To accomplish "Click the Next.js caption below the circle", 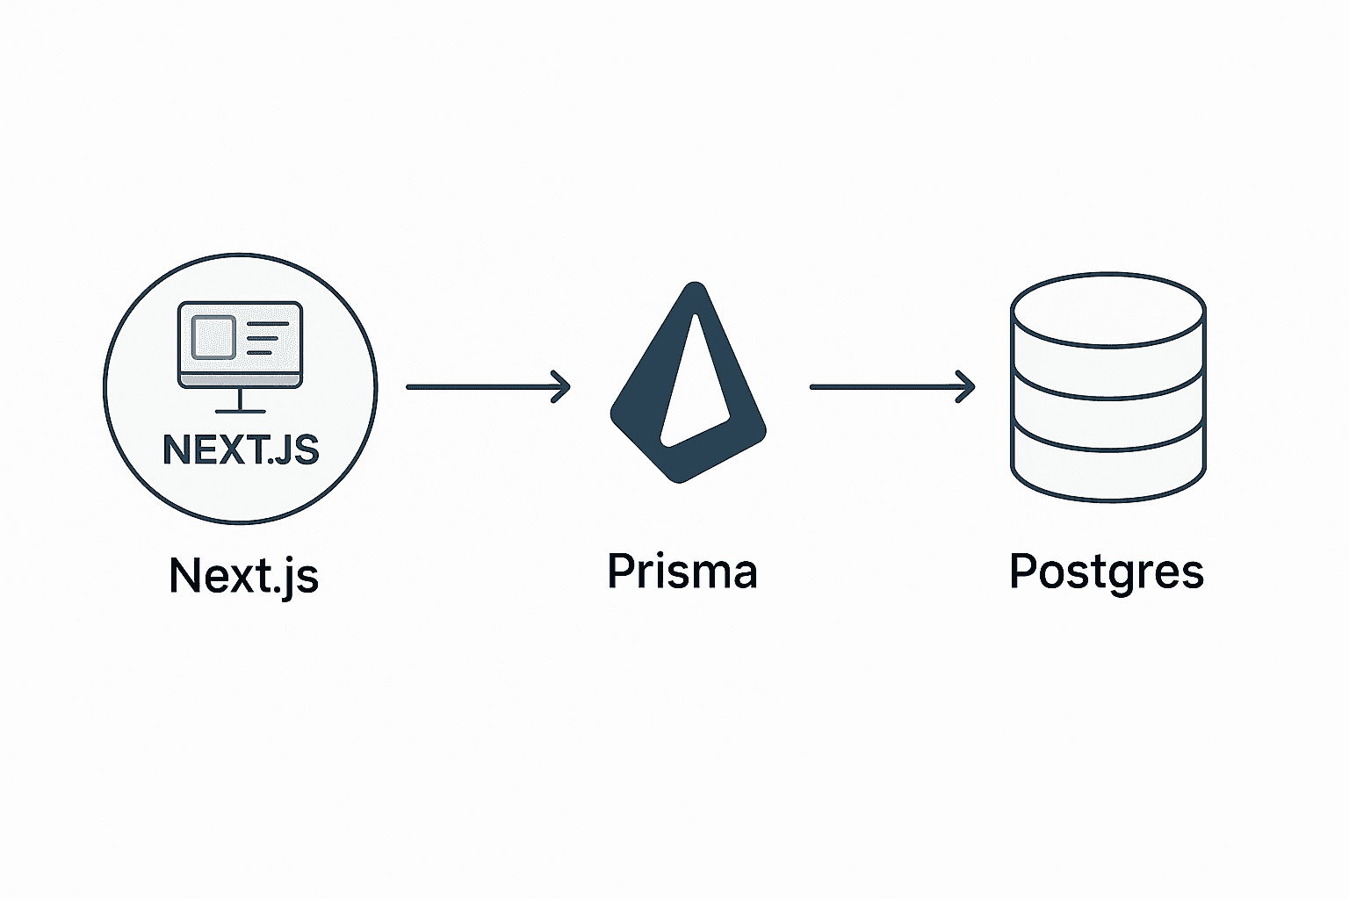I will pyautogui.click(x=243, y=576).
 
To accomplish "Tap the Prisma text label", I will pyautogui.click(x=682, y=571).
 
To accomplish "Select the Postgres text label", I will pyautogui.click(x=1106, y=571).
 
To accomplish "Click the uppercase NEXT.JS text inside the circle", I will pyautogui.click(x=241, y=449).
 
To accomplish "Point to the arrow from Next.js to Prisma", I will pyautogui.click(x=487, y=386).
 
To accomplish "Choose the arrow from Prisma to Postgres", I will pyautogui.click(x=891, y=386).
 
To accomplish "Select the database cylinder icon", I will pyautogui.click(x=1107, y=386).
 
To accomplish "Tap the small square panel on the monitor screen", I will pyautogui.click(x=213, y=337).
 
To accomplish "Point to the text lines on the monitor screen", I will pyautogui.click(x=268, y=338).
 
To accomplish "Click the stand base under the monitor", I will pyautogui.click(x=240, y=411).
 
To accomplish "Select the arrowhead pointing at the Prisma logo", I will pyautogui.click(x=560, y=386).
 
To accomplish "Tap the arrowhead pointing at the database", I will pyautogui.click(x=965, y=386).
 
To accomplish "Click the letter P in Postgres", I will pyautogui.click(x=1021, y=571).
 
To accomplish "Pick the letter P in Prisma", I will pyautogui.click(x=619, y=571).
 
